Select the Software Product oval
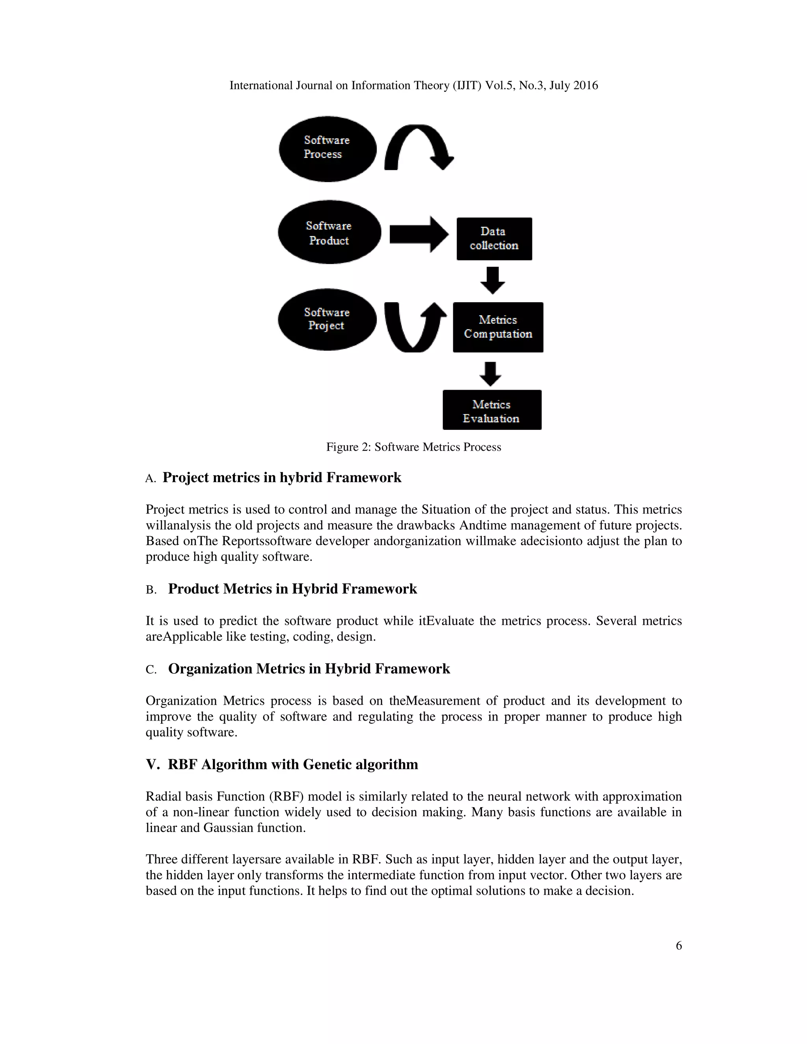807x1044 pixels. point(329,232)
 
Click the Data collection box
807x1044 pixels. point(494,238)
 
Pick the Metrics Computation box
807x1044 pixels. point(498,327)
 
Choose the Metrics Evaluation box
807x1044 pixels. point(491,410)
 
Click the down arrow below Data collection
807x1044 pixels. point(493,280)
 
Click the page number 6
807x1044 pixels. point(679,946)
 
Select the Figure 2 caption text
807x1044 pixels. point(413,447)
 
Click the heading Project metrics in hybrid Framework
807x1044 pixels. point(282,477)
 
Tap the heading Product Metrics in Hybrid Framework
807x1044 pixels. point(292,589)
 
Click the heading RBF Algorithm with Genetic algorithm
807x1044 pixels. point(293,764)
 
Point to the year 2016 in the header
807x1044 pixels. point(585,85)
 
